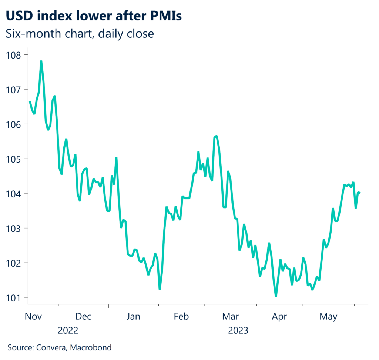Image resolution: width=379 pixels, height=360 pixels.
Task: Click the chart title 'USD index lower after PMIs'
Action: [94, 16]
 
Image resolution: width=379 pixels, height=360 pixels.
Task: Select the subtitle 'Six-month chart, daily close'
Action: [80, 34]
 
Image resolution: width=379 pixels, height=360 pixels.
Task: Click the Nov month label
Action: [33, 317]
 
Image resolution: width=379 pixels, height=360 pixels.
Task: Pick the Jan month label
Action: [133, 317]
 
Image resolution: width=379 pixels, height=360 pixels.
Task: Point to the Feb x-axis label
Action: [181, 317]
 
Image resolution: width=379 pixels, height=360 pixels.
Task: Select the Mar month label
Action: [231, 317]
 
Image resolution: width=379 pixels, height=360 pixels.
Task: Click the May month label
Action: [328, 317]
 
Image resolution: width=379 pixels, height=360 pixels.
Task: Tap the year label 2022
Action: [68, 330]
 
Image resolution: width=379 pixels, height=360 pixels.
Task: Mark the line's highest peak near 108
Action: [41, 61]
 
